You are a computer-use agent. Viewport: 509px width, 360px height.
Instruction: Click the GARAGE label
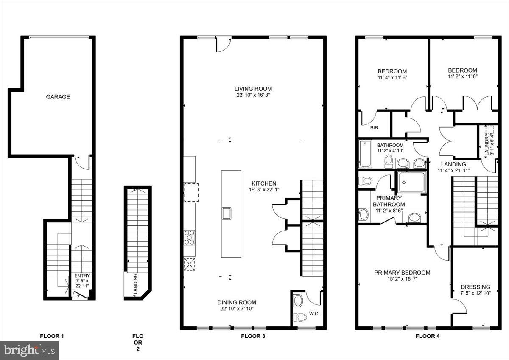click(58, 97)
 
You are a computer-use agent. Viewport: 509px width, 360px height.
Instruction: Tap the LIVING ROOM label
click(253, 89)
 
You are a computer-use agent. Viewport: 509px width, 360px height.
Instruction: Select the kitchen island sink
click(226, 213)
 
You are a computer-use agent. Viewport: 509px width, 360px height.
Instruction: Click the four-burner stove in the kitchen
click(190, 237)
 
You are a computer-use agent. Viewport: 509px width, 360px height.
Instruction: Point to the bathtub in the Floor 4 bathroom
click(365, 154)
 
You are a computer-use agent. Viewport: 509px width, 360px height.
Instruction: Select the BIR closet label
click(374, 127)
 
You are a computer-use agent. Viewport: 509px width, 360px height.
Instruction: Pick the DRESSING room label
click(475, 287)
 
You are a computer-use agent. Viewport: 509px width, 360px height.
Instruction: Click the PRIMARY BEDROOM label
click(402, 273)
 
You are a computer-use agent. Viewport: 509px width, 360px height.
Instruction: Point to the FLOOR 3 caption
click(253, 336)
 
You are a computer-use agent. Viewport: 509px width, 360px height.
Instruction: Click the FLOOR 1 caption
click(52, 336)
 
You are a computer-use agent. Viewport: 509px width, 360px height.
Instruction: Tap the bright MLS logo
click(29, 350)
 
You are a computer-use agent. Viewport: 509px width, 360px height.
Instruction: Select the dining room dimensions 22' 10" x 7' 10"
click(237, 309)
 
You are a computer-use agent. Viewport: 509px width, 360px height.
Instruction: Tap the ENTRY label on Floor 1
click(82, 276)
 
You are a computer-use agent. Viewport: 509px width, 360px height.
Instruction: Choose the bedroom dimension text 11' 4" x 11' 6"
click(392, 78)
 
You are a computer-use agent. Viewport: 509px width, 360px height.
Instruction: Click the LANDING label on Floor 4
click(453, 164)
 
